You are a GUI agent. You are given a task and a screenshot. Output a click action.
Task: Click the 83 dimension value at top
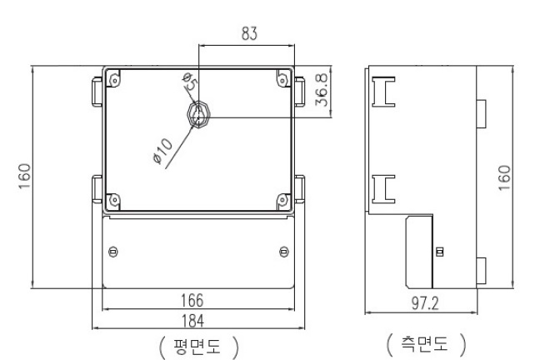(x=248, y=34)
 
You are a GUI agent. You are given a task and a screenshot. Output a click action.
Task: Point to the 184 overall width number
(x=197, y=319)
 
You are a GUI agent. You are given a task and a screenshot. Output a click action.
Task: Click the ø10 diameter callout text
(x=162, y=149)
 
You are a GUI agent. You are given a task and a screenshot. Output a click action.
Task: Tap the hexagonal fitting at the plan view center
(x=197, y=114)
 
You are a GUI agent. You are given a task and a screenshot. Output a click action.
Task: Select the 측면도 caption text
(x=424, y=343)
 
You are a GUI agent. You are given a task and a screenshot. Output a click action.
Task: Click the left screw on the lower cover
(x=113, y=252)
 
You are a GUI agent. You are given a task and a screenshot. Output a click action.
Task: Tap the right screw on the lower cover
(x=283, y=252)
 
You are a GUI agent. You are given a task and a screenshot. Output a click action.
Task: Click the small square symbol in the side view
(x=439, y=252)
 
